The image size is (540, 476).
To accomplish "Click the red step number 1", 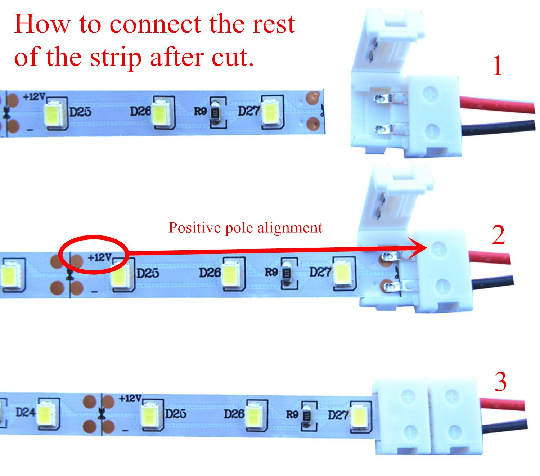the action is click(x=498, y=66).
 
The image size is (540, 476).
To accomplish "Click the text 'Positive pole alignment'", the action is click(x=246, y=228).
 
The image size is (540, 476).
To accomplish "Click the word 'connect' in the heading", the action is click(x=155, y=24).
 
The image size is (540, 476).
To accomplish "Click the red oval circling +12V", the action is click(x=93, y=254).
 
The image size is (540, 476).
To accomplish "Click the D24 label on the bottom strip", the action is click(x=25, y=412).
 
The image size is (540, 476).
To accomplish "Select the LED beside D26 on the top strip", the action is click(x=159, y=113).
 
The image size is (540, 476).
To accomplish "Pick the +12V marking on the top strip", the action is click(x=34, y=97).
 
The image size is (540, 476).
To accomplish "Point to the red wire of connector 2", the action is click(x=490, y=258).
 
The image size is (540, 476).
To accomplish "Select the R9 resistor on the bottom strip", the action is click(x=307, y=416).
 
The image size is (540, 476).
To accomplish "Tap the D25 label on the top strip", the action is click(x=80, y=112).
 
